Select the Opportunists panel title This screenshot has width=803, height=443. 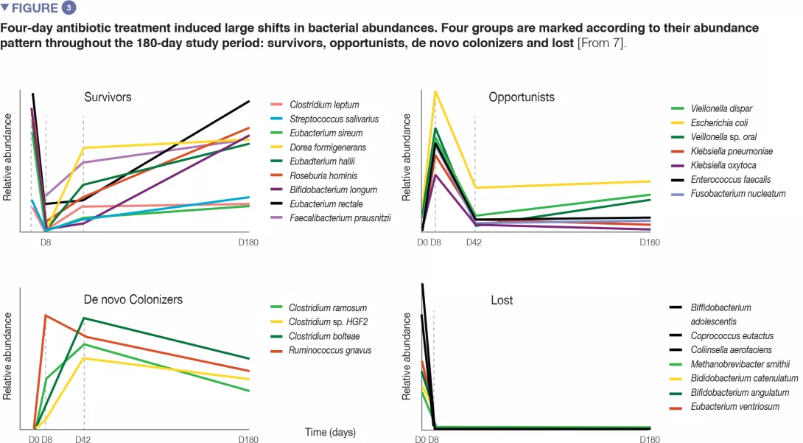click(522, 97)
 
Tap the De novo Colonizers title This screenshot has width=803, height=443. click(133, 299)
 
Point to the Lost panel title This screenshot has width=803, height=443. click(502, 300)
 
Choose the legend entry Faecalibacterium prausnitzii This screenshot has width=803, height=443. click(340, 217)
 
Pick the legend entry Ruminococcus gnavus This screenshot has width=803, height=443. click(330, 350)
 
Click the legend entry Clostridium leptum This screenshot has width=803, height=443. click(324, 105)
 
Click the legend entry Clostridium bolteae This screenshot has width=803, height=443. click(324, 336)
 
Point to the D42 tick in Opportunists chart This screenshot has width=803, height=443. click(474, 242)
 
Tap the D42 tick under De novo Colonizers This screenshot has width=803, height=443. click(84, 439)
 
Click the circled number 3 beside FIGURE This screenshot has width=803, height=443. click(67, 9)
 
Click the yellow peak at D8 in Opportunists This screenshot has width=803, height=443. click(435, 91)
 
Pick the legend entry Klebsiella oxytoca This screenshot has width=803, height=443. click(719, 165)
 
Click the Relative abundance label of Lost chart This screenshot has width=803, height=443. click(406, 356)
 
